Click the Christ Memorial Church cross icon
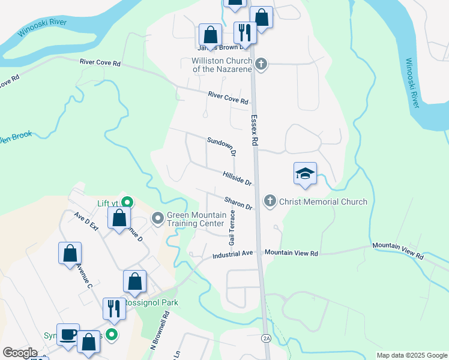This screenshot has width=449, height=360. (x=270, y=201)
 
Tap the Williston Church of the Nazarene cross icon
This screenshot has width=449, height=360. (x=262, y=63)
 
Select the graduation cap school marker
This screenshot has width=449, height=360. (x=305, y=173)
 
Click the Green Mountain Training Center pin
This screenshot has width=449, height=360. (x=158, y=218)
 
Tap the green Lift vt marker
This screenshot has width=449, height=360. (x=127, y=203)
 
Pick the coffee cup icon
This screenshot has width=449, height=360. (x=68, y=334)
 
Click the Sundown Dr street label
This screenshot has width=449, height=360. (x=221, y=146)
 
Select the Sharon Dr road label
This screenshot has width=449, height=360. (x=238, y=203)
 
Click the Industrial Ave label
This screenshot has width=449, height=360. (x=233, y=255)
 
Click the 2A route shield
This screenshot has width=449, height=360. (x=266, y=339)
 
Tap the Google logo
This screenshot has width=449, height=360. (x=20, y=353)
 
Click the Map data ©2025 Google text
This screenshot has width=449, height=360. (x=411, y=355)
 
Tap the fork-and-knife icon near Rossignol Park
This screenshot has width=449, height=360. (x=114, y=309)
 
